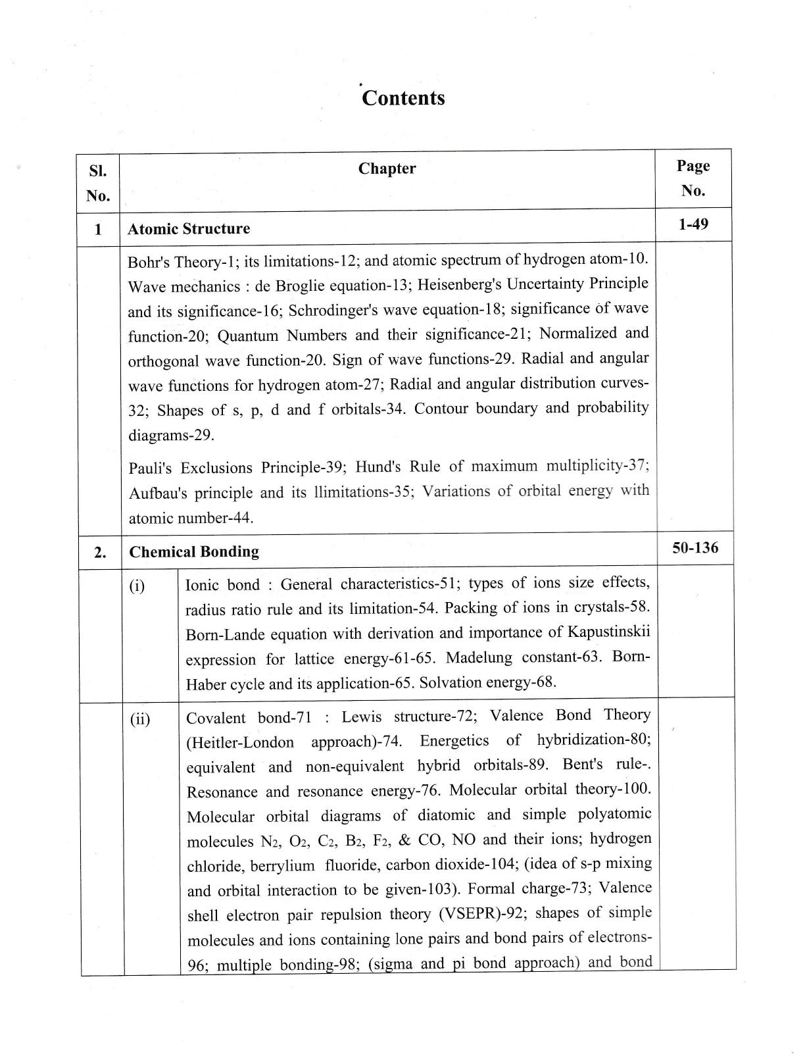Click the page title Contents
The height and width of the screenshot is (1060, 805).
(x=403, y=98)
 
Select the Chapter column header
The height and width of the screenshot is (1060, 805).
(x=387, y=168)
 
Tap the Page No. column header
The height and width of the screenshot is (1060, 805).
(x=693, y=178)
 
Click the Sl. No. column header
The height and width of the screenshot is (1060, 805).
(x=97, y=183)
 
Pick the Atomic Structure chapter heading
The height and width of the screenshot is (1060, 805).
(x=189, y=229)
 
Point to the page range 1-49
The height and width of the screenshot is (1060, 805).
(x=693, y=224)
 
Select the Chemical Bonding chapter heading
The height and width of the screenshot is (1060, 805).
(x=194, y=551)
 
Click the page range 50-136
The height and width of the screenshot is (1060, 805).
(x=695, y=547)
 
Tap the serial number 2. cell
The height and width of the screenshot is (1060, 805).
(x=100, y=552)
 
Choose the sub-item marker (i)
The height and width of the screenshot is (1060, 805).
(x=137, y=586)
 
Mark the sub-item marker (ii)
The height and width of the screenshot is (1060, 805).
(x=139, y=719)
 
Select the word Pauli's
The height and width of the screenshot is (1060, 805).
(x=151, y=468)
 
